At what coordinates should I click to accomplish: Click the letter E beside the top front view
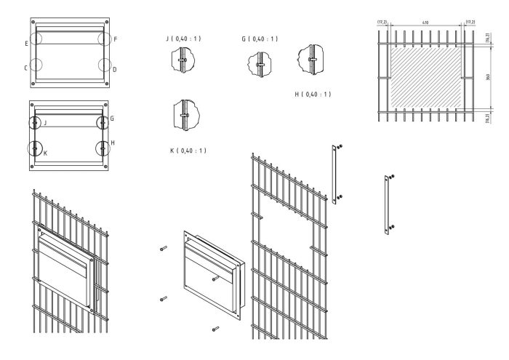[26, 44]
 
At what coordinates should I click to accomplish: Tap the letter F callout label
[116, 38]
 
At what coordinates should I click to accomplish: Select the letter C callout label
[26, 68]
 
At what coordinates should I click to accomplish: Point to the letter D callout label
[115, 69]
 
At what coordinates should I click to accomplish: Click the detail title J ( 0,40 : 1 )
[185, 39]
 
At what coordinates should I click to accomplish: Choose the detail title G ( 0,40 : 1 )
[260, 39]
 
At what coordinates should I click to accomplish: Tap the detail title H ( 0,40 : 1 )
[313, 94]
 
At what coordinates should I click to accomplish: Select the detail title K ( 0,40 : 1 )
[188, 151]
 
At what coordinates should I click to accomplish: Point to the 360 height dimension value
[488, 76]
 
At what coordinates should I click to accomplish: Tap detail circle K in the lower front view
[35, 148]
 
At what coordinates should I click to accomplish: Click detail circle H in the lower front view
[103, 147]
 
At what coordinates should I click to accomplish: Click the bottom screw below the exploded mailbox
[215, 328]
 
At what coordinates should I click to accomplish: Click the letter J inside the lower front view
[45, 124]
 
